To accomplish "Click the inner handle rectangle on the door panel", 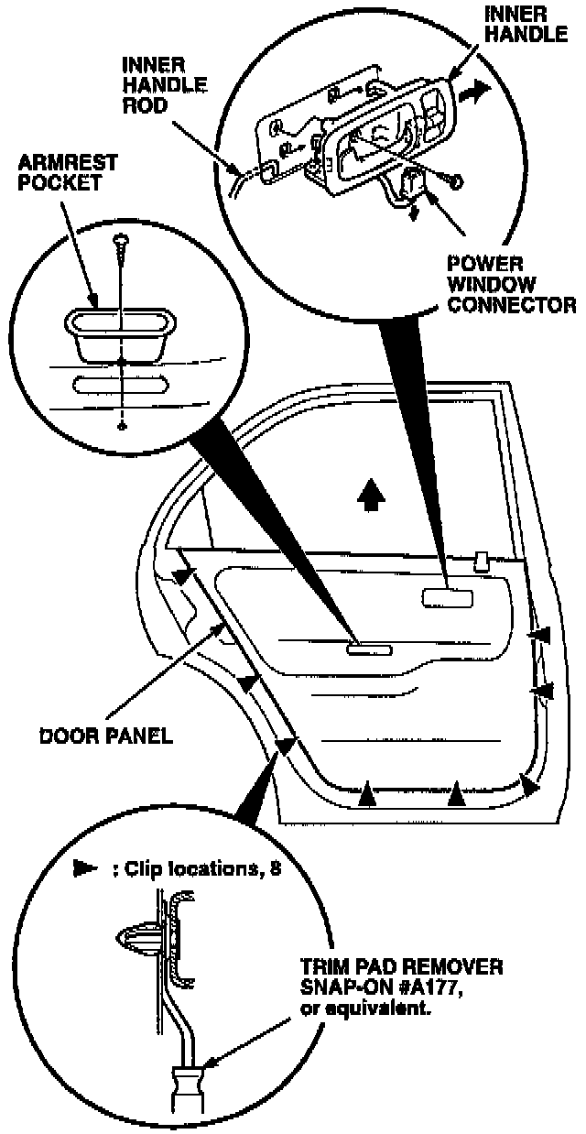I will [447, 597].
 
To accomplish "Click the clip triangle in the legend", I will [83, 870].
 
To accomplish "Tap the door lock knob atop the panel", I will [480, 558].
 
